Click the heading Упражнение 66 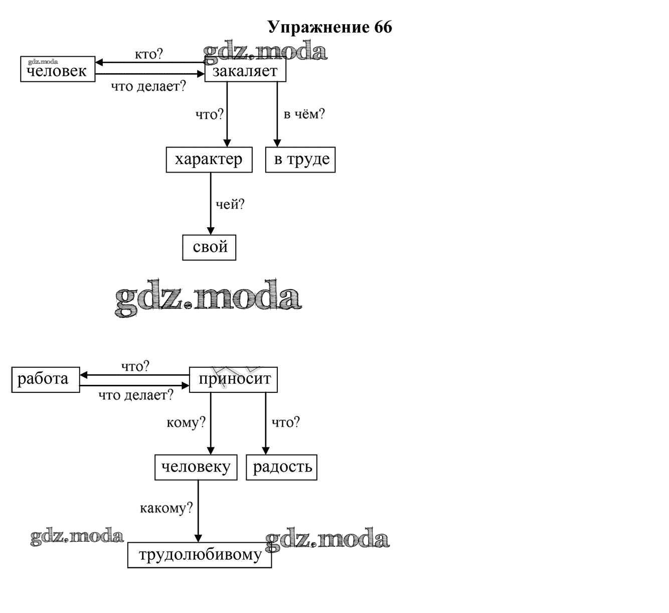[329, 27]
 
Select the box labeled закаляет [245, 71]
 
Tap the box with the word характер [209, 160]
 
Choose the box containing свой [209, 247]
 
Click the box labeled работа [45, 379]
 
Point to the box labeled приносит [233, 379]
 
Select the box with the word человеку [196, 467]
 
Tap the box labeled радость [281, 467]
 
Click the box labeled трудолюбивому [200, 555]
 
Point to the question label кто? [148, 54]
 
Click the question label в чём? [304, 114]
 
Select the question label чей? [230, 204]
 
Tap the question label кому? [186, 422]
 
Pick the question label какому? [166, 508]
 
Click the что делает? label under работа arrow [135, 395]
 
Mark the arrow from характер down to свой [210, 203]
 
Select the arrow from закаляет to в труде [277, 114]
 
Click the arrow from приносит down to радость [266, 423]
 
